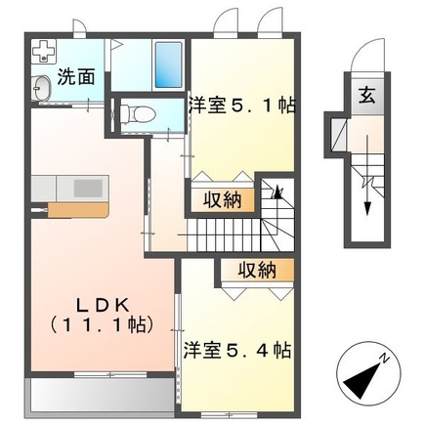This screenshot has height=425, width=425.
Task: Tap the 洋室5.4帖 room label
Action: tap(237, 349)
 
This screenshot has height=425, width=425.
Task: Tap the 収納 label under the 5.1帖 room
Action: tap(222, 200)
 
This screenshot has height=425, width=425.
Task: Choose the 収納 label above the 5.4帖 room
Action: tap(253, 269)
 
